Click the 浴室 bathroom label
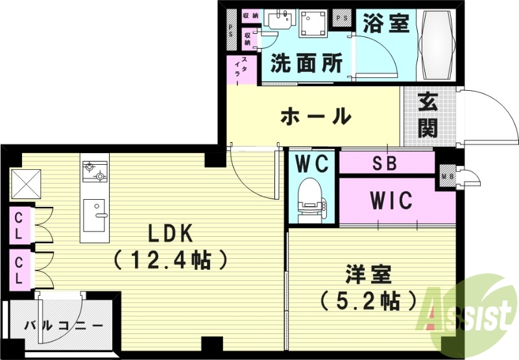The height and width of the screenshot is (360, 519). [x=386, y=24]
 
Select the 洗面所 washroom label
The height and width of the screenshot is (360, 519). [x=306, y=64]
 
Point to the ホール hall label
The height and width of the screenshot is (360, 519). [x=315, y=117]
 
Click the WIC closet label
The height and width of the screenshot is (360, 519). [x=391, y=201]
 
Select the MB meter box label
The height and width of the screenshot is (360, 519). [x=446, y=174]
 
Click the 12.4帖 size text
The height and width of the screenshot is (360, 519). [x=171, y=260]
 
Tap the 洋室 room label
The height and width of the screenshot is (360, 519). [x=368, y=275]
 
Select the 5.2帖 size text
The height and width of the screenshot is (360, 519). [x=368, y=300]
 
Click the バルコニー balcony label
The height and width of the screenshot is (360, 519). [x=64, y=324]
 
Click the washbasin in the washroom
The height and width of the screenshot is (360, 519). [x=279, y=20]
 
